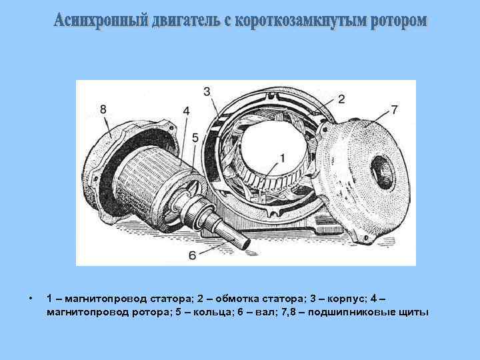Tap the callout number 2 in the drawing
coord(341,99)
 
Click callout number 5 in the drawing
coord(195,137)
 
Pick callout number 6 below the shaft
coord(193,255)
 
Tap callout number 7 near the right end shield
coord(395,109)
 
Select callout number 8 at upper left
coord(103,109)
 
